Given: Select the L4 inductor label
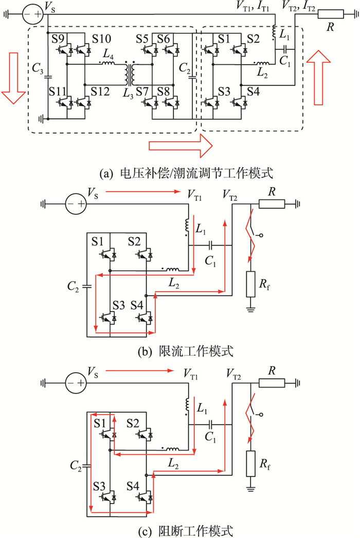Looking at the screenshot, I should click(107, 53).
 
